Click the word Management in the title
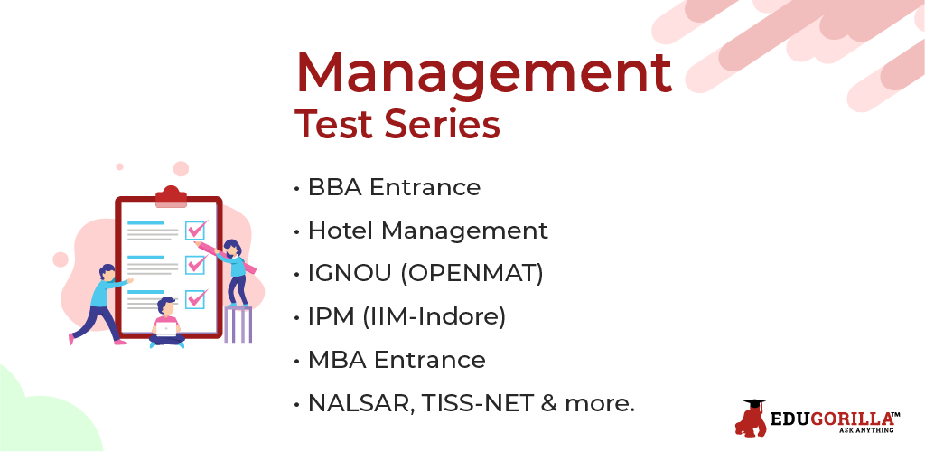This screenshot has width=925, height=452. (484, 74)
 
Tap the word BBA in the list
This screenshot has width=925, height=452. (335, 188)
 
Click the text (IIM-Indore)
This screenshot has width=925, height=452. (434, 317)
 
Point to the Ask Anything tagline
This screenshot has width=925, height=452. (866, 431)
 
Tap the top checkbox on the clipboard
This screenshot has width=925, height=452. (195, 230)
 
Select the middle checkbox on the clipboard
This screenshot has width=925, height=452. (195, 264)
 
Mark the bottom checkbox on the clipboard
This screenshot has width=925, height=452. (195, 298)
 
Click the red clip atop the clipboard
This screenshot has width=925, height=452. (171, 196)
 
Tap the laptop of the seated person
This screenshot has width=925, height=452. (166, 329)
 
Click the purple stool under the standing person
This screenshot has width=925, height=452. (238, 324)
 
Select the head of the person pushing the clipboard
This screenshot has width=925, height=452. (107, 273)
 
